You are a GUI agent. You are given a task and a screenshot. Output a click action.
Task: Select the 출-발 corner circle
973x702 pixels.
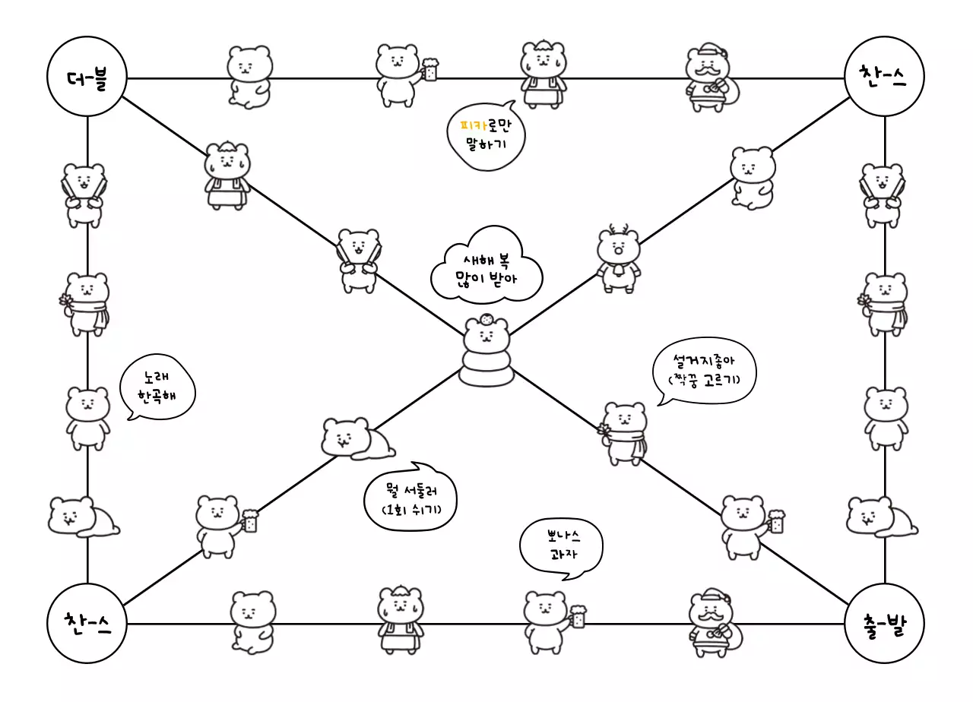(884, 625)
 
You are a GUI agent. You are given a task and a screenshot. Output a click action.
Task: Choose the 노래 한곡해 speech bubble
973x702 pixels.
(158, 387)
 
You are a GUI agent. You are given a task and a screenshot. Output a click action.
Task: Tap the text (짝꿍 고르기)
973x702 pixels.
(704, 379)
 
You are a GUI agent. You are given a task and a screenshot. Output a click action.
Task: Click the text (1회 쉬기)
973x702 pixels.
(410, 508)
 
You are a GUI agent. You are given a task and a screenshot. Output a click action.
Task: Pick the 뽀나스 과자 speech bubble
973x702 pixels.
(561, 547)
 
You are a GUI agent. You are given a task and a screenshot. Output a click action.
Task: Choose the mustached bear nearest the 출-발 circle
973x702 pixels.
(712, 619)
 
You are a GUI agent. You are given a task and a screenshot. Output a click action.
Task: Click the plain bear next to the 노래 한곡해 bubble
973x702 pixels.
(87, 417)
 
